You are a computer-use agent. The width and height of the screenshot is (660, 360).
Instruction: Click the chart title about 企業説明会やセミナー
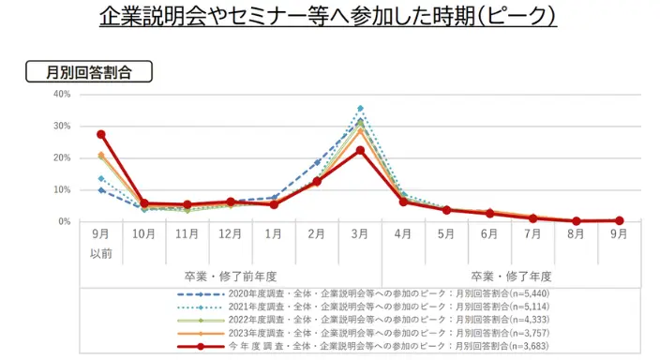pyautogui.click(x=329, y=17)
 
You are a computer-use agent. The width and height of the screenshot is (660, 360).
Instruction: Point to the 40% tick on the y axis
pyautogui.click(x=63, y=94)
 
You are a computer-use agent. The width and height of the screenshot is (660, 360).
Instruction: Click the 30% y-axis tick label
pyautogui.click(x=63, y=126)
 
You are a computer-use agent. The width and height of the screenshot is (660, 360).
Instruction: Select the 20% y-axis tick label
pyautogui.click(x=63, y=157)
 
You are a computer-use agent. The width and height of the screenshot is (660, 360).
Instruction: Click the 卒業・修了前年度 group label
pyautogui.click(x=230, y=277)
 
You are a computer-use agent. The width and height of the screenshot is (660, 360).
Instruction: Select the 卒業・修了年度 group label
pyautogui.click(x=511, y=277)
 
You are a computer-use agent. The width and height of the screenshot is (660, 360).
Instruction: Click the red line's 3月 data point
pyautogui.click(x=360, y=150)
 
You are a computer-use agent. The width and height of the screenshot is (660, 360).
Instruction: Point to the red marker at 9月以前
pyautogui.click(x=101, y=134)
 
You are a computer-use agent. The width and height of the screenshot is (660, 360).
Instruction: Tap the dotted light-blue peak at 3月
pyautogui.click(x=360, y=109)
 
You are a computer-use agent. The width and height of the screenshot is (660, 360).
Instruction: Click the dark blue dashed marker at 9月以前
pyautogui.click(x=101, y=190)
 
